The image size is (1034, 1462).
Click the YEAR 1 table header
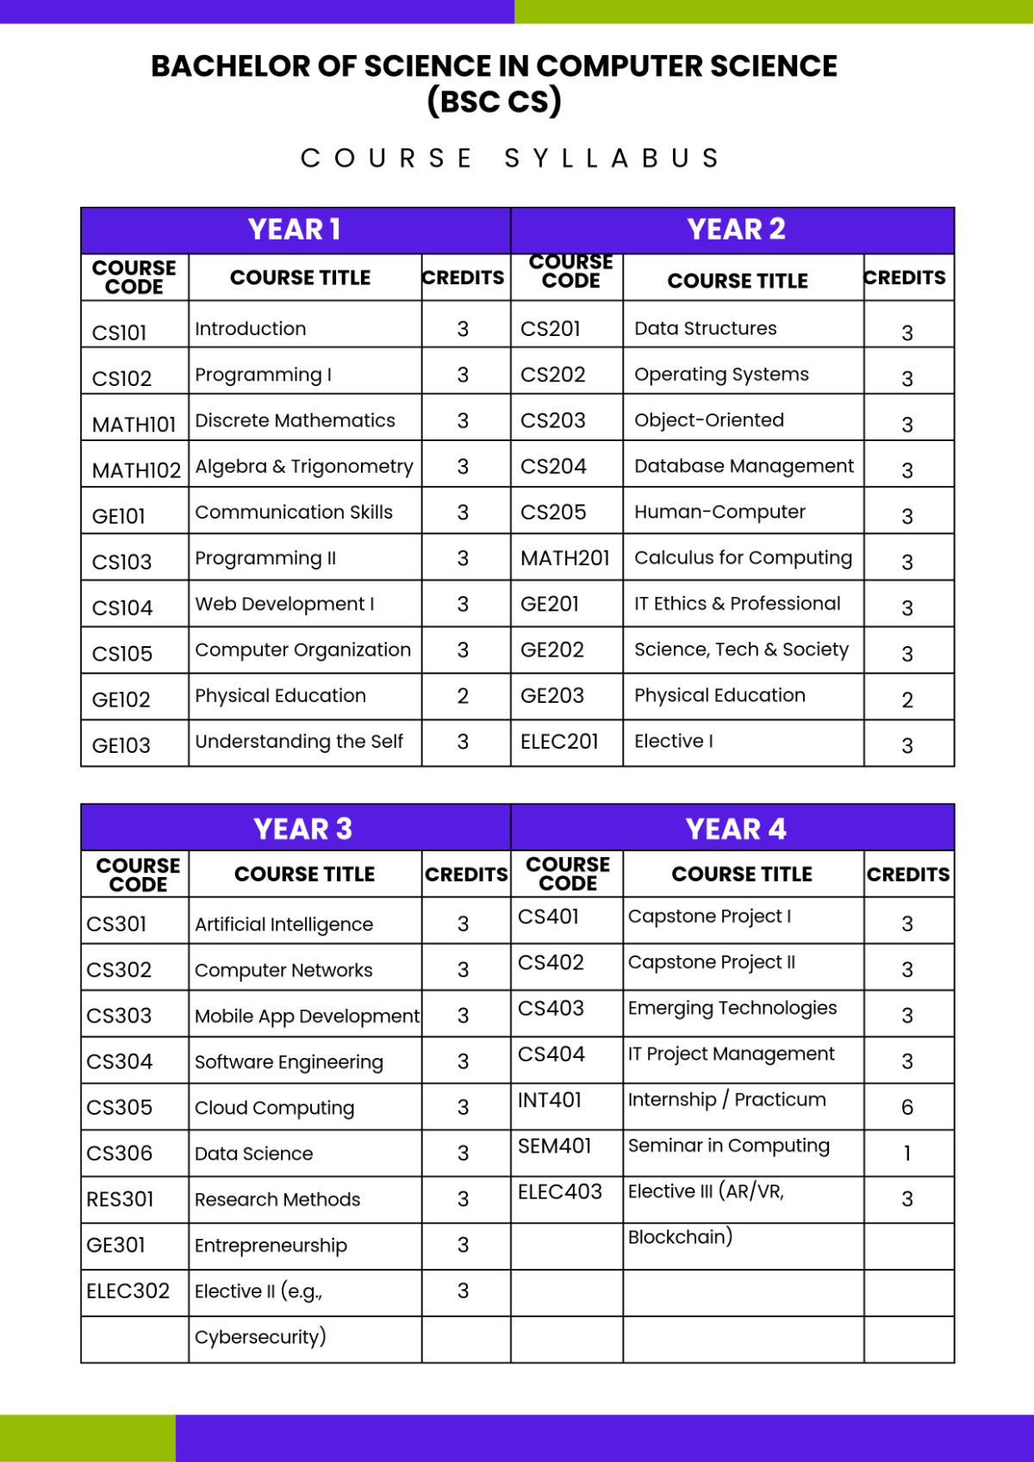click(295, 230)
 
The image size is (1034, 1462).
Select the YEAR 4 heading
click(736, 829)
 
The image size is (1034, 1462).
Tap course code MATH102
click(136, 470)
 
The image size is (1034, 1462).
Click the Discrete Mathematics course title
click(295, 420)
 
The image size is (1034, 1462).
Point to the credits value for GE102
click(463, 696)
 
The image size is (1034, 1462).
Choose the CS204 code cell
click(553, 466)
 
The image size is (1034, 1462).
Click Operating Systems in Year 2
click(721, 374)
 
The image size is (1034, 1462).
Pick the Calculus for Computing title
click(743, 557)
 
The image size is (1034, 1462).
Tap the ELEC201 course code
click(559, 741)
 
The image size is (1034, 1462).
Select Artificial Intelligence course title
click(283, 924)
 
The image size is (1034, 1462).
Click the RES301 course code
click(120, 1199)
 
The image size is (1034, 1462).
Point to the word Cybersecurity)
click(260, 1336)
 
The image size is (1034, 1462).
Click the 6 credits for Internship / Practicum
click(906, 1107)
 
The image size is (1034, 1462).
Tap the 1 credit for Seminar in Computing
click(906, 1154)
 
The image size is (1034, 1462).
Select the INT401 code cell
click(550, 1100)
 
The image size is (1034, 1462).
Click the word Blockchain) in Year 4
click(680, 1237)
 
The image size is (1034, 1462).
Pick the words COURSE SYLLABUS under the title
click(510, 159)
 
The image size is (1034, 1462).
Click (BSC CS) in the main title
click(495, 102)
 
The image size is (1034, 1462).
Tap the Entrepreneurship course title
click(271, 1245)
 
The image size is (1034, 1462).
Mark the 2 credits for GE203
click(906, 700)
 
